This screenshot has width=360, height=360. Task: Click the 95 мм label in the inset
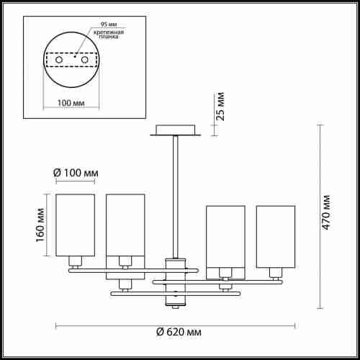[109, 24]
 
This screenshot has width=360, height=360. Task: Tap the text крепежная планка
[109, 35]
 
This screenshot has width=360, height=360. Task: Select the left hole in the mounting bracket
[59, 60]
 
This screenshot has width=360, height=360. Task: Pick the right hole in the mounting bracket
[85, 60]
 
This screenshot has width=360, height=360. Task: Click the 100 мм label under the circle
[71, 103]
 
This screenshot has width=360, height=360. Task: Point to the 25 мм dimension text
[220, 107]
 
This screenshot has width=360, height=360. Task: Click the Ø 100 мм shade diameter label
[76, 173]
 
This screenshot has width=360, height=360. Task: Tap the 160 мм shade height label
[40, 225]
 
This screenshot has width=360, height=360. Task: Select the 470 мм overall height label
[326, 212]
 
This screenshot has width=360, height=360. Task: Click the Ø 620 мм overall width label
[179, 332]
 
